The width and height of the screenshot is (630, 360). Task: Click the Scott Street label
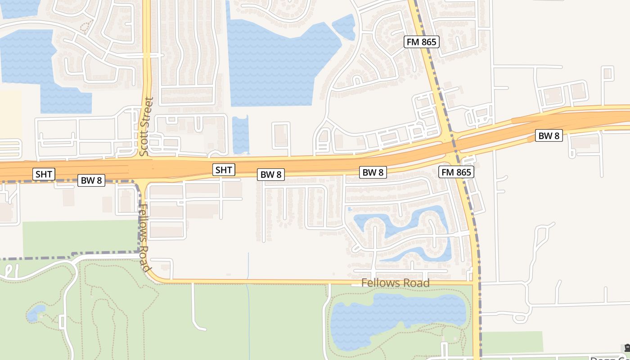147,126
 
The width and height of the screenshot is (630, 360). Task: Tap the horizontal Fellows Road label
396,283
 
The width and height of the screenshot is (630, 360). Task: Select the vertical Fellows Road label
144,238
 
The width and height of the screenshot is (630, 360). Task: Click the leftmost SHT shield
44,174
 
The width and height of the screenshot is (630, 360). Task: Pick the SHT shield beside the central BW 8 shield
224,170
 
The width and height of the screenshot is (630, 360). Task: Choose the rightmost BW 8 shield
549,135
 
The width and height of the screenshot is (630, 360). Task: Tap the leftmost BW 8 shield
92,180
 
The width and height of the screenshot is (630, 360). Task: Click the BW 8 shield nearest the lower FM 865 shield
373,172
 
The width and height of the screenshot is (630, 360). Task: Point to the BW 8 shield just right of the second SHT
271,175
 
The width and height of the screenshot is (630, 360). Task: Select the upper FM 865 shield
422,42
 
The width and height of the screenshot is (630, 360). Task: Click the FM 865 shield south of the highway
456,172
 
